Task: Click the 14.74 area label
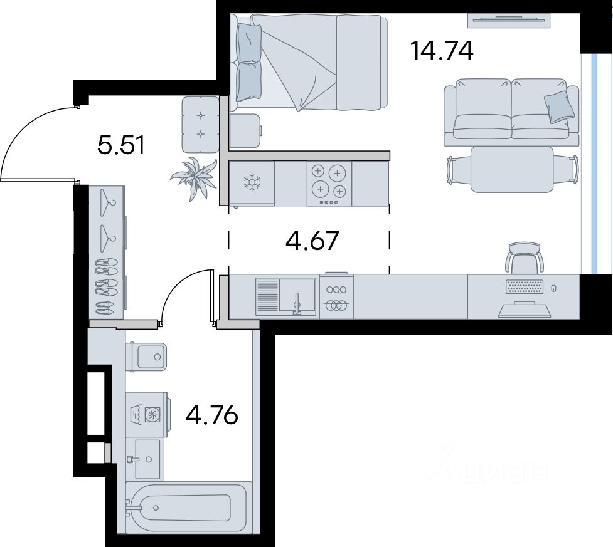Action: click(x=442, y=51)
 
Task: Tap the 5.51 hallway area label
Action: click(x=121, y=145)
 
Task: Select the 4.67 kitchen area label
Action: click(x=312, y=241)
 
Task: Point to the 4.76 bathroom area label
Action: click(x=212, y=415)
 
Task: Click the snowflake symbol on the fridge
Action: click(x=252, y=183)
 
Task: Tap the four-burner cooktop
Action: click(x=329, y=184)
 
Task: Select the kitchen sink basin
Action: click(x=297, y=296)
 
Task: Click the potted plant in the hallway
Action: click(x=194, y=179)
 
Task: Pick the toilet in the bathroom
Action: click(x=147, y=357)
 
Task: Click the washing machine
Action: click(x=148, y=414)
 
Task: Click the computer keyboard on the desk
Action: click(x=525, y=286)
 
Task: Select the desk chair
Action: click(x=525, y=258)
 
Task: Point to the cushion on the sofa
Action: click(x=560, y=107)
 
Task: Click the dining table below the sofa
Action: click(x=512, y=169)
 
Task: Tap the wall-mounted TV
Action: click(x=509, y=20)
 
